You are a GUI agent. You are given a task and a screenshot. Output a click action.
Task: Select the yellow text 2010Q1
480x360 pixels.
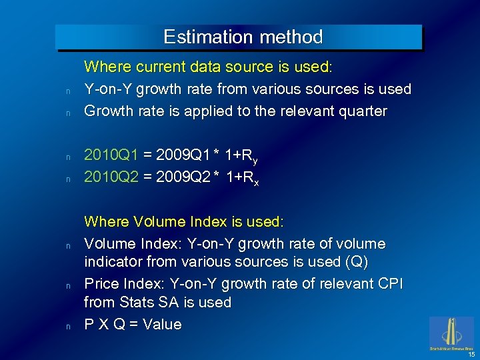111,155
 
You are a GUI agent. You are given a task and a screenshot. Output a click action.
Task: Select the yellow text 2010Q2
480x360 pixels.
111,177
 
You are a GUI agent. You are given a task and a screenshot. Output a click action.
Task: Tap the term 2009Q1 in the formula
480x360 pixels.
183,155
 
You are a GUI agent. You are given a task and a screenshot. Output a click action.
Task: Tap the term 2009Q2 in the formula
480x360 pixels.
183,177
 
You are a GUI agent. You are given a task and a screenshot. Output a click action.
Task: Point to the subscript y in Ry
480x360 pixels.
255,160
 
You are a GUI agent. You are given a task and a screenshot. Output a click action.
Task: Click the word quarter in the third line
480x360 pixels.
362,111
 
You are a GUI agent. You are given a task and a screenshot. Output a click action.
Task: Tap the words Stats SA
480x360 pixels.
143,303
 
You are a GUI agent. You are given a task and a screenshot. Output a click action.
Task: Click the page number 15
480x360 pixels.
471,355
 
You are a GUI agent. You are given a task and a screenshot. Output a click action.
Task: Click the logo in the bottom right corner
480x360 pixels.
451,333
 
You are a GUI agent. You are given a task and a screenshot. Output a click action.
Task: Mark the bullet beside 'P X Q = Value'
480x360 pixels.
68,327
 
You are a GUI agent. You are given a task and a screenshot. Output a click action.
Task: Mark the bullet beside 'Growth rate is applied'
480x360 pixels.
68,113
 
